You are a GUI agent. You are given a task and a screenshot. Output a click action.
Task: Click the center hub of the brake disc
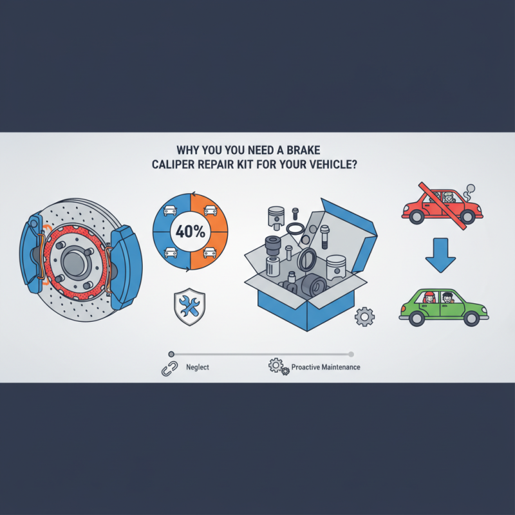pos(75,257)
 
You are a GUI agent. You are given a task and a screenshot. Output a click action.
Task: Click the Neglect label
pos(196,367)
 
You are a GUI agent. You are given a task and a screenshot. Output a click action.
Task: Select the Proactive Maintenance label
pos(326,367)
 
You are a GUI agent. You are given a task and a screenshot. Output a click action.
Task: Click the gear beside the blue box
pos(364,315)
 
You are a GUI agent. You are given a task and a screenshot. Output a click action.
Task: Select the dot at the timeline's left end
pos(171,353)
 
